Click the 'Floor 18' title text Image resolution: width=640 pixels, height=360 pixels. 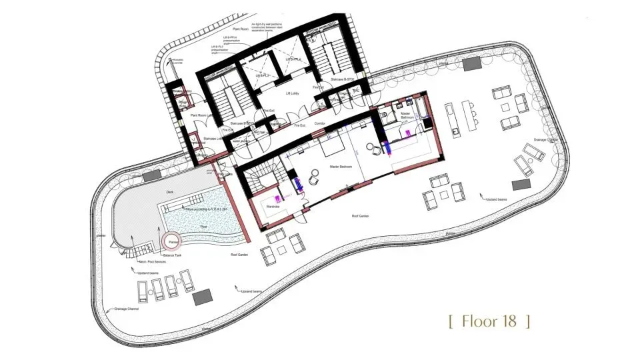point(490,321)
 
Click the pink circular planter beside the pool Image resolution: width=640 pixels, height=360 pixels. point(172,241)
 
